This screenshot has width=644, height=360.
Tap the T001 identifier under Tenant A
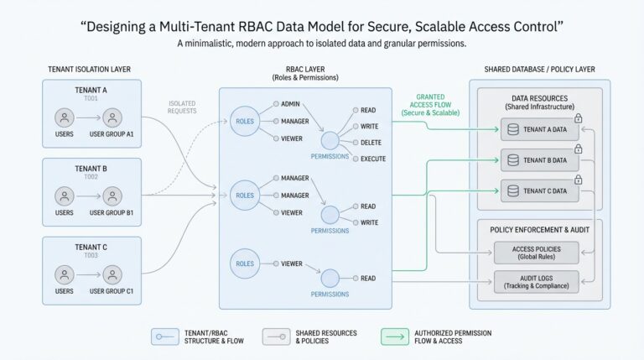(91, 97)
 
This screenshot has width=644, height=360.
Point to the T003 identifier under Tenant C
(91, 255)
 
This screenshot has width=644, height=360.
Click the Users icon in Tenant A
(64, 117)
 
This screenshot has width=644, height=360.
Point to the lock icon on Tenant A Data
(579, 118)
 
